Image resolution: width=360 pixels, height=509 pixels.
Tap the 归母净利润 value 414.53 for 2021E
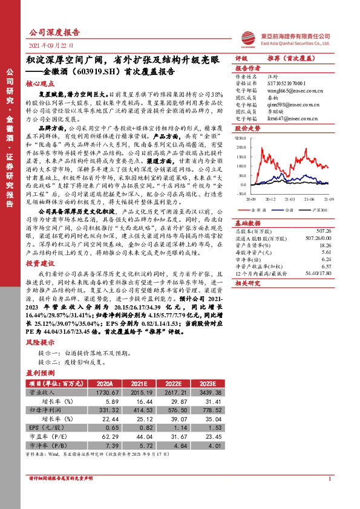(x=137, y=410)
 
